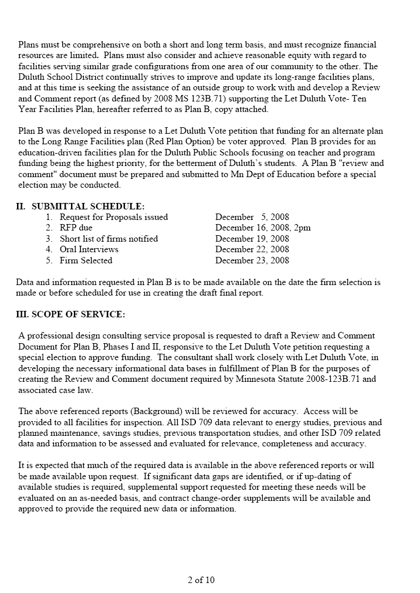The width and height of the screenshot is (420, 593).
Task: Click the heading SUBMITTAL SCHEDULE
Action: coord(87,206)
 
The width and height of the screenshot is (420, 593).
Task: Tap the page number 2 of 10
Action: coord(201,580)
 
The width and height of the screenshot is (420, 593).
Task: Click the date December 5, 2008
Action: coord(252,217)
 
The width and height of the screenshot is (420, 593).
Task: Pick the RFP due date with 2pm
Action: coord(263,228)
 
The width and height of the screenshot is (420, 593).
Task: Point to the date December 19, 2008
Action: coord(252,239)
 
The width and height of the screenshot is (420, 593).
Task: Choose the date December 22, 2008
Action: coord(252,249)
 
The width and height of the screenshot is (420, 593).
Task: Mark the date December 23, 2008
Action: coord(252,260)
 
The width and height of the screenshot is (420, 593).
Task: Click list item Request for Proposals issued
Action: coord(113,217)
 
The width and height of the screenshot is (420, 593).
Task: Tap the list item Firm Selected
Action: coord(86,260)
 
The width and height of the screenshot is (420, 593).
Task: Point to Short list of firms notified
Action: coord(109,239)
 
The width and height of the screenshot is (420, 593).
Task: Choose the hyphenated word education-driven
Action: coord(55,153)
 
